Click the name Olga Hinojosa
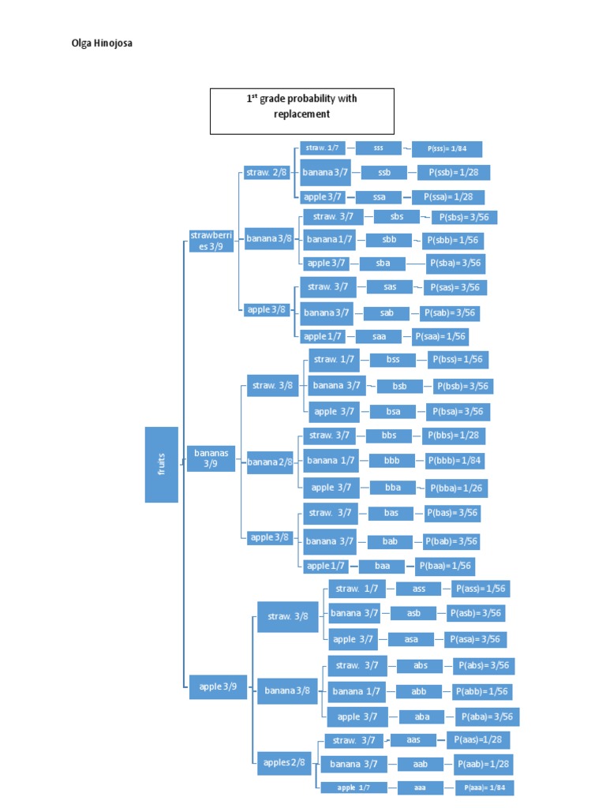[102, 43]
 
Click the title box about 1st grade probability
[302, 111]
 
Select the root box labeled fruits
[161, 464]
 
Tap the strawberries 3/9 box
[211, 241]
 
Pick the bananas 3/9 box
[211, 458]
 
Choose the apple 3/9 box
[218, 687]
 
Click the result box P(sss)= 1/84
[447, 149]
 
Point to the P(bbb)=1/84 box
[454, 461]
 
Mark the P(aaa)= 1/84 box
[484, 788]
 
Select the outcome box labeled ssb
[384, 173]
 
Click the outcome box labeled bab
[390, 541]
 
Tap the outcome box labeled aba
[422, 716]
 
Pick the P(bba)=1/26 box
[456, 488]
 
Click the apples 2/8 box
[284, 763]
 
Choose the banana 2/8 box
[270, 462]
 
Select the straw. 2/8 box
[267, 173]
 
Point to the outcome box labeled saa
[379, 336]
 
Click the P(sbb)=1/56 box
[453, 241]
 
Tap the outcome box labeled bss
[393, 360]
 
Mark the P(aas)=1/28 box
[478, 740]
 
